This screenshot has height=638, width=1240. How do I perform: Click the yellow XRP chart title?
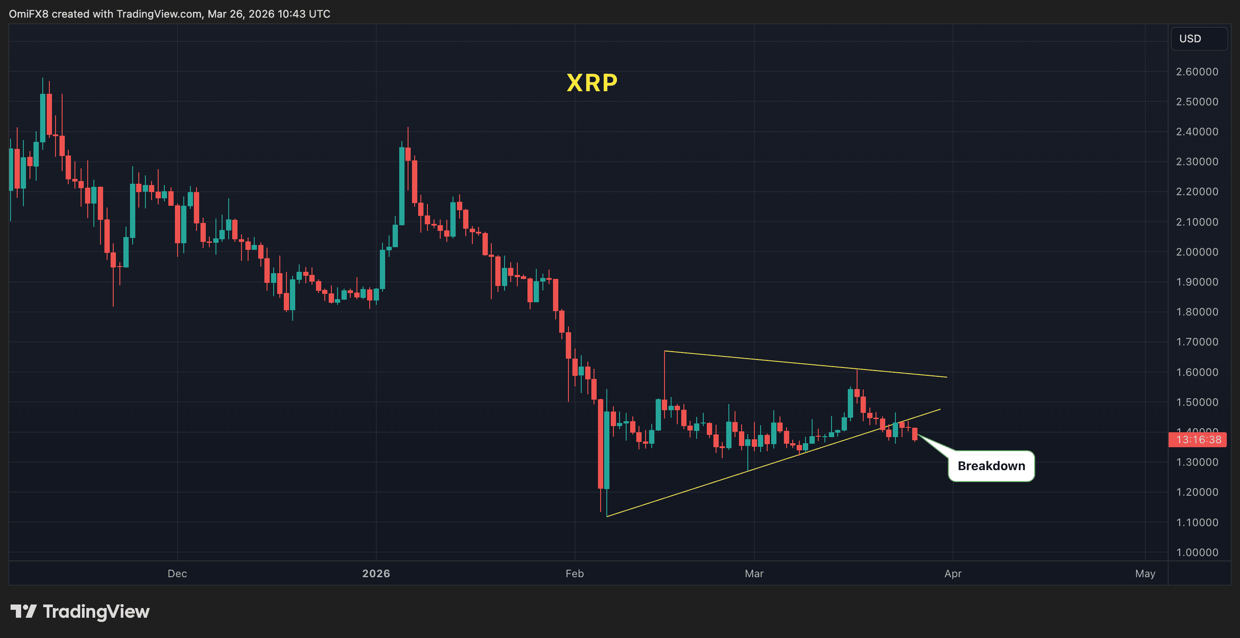click(x=592, y=83)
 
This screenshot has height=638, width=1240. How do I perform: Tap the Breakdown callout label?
click(x=991, y=466)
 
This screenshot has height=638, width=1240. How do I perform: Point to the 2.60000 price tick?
click(x=1197, y=72)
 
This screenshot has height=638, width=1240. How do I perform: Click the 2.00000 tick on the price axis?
click(x=1197, y=252)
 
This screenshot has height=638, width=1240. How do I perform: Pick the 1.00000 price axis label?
click(x=1197, y=553)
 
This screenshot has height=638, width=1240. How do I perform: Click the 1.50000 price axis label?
click(x=1197, y=402)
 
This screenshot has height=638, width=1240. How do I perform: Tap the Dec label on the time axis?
click(x=177, y=574)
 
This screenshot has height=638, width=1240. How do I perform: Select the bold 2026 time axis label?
click(x=376, y=574)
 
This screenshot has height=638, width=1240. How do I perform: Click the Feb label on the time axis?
click(x=574, y=574)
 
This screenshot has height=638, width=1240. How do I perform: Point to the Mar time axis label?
click(x=754, y=574)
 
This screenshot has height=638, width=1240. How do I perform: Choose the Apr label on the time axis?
click(x=953, y=574)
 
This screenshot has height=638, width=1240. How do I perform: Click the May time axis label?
click(x=1145, y=574)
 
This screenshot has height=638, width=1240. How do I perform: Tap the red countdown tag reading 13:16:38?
click(x=1198, y=440)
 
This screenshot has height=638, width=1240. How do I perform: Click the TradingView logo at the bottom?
click(x=80, y=612)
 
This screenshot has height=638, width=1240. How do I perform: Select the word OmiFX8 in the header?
click(x=28, y=14)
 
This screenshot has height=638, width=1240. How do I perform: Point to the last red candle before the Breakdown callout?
click(x=915, y=434)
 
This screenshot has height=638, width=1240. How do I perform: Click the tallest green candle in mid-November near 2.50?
click(x=43, y=118)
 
